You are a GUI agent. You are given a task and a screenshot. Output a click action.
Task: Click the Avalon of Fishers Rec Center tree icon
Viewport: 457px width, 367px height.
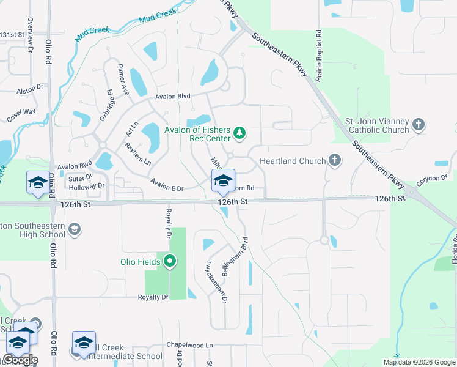(241, 132)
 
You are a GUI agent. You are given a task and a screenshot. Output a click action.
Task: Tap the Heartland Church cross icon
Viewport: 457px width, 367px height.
(334, 161)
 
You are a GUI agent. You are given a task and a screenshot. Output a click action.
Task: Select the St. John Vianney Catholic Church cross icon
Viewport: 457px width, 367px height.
(419, 125)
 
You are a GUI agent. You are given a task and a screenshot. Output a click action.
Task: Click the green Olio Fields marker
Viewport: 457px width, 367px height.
(170, 262)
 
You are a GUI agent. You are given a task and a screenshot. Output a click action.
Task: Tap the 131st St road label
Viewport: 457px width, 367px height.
(12, 35)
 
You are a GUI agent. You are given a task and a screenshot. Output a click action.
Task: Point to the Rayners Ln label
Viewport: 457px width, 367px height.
(137, 154)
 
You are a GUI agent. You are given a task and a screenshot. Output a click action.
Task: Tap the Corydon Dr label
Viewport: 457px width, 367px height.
(432, 178)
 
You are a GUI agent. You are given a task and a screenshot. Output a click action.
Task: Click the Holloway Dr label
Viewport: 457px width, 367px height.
(87, 186)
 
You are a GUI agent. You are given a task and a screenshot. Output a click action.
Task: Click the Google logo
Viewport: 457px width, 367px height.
(20, 360)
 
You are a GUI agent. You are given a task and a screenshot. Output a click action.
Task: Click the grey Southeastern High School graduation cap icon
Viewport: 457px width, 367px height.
(75, 229)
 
